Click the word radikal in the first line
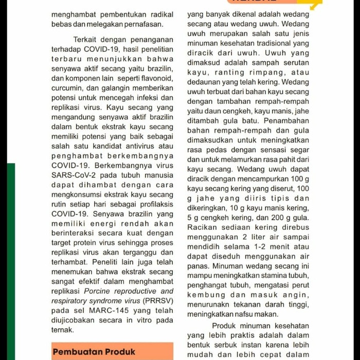pyautogui.click(x=158, y=15)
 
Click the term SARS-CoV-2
pyautogui.click(x=74, y=175)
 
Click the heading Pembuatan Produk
pyautogui.click(x=94, y=352)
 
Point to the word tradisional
pyautogui.click(x=271, y=44)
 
